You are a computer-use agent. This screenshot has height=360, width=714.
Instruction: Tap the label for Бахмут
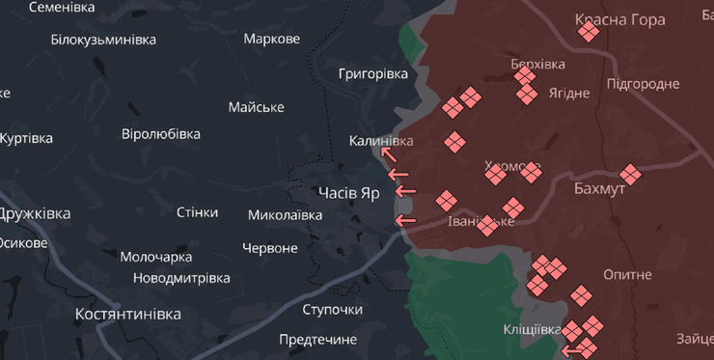[599, 188]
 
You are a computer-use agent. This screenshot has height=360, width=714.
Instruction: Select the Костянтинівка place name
[128, 315]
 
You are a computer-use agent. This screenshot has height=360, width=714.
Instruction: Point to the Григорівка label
[373, 73]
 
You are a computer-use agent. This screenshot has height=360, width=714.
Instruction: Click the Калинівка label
[381, 141]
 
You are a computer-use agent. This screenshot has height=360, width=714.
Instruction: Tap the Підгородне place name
[643, 84]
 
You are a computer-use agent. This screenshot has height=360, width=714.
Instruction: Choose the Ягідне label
[568, 93]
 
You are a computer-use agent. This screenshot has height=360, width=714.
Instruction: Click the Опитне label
[627, 274]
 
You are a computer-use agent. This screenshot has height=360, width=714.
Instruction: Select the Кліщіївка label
[532, 330]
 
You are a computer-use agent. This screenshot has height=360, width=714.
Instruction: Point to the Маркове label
[272, 39]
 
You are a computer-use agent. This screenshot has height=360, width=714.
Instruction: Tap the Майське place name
[257, 107]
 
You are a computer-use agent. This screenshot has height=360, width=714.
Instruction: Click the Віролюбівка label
[161, 134]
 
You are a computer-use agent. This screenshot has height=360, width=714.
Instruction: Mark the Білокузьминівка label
[103, 40]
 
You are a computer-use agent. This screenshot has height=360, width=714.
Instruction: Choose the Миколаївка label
[285, 214]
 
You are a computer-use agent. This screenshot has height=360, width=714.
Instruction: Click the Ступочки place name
[332, 309]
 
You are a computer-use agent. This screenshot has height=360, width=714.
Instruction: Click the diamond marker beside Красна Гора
[589, 33]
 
